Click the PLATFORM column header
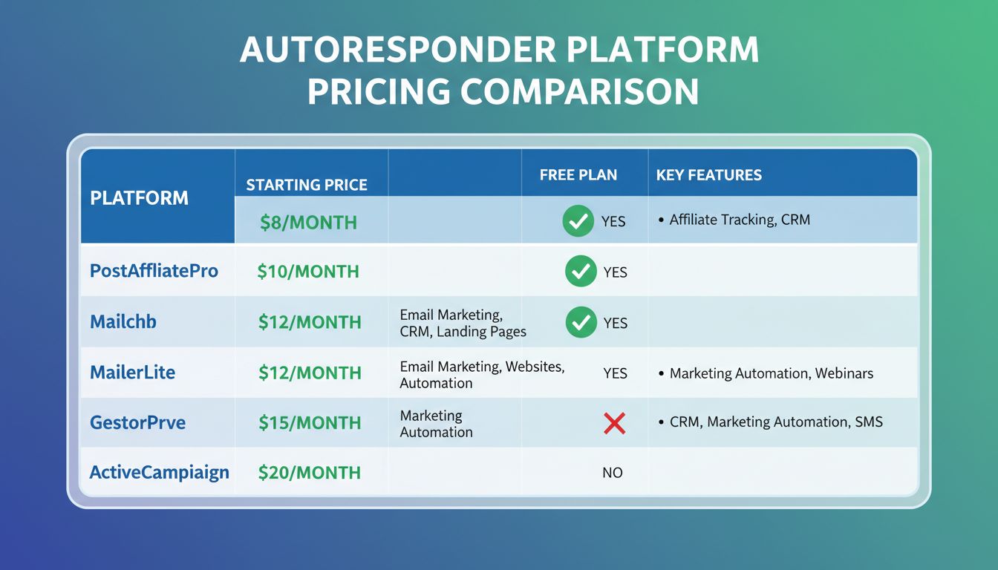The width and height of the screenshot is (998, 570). (139, 198)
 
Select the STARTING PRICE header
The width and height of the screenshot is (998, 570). (307, 185)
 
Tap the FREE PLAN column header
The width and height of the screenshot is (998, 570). (578, 175)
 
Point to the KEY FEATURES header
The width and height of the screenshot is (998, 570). (708, 175)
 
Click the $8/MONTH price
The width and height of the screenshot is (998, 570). (308, 222)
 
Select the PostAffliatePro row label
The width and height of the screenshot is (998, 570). (154, 271)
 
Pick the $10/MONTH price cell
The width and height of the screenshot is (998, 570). (308, 272)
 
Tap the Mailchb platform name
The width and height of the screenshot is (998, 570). (123, 322)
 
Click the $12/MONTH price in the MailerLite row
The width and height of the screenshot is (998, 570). (310, 373)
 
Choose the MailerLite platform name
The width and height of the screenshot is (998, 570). (132, 372)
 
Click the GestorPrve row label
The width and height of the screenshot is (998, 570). (137, 422)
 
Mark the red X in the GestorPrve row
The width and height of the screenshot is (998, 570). (614, 423)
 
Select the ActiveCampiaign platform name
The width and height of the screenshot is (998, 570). (159, 472)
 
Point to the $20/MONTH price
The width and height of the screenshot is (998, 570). (310, 473)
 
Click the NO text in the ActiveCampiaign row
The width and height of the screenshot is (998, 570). (612, 473)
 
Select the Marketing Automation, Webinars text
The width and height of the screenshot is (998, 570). (771, 373)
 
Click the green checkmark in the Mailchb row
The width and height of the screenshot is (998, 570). (581, 322)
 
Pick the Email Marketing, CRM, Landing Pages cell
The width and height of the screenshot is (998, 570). (463, 324)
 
